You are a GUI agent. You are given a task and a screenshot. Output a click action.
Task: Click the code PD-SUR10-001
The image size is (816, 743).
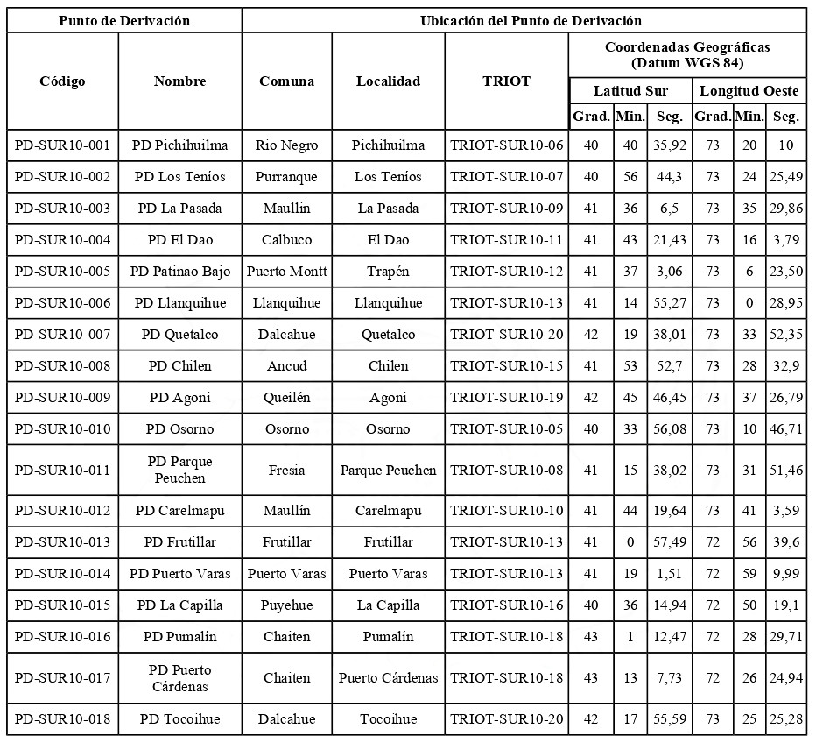point(62,145)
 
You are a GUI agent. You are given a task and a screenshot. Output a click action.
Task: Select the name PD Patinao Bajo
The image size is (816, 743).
point(180,272)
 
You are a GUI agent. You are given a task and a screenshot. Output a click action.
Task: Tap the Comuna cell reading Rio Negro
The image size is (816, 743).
point(286,145)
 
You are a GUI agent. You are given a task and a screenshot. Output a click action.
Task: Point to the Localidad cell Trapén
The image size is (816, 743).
point(388,272)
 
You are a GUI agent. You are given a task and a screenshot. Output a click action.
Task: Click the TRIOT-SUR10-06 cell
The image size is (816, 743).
point(506,145)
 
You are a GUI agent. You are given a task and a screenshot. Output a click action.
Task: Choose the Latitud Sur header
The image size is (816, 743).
point(630,91)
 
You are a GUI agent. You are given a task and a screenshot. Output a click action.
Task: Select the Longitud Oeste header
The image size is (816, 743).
point(749,91)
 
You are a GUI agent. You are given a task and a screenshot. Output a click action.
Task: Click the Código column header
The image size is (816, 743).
point(62,81)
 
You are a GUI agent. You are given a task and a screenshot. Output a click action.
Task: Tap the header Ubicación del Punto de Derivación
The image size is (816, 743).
point(524,20)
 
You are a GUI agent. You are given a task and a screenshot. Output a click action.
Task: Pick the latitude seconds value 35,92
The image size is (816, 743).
point(669,145)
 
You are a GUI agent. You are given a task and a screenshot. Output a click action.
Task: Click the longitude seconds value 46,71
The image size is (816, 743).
point(785,429)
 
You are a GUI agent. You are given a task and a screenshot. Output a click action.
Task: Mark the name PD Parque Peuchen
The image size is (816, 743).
point(180,470)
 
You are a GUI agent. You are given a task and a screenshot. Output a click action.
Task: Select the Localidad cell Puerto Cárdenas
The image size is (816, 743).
point(388,678)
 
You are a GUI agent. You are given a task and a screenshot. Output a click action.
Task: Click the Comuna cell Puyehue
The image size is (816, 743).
point(286,605)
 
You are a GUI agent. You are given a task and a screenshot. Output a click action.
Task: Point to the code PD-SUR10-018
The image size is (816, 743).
point(62,719)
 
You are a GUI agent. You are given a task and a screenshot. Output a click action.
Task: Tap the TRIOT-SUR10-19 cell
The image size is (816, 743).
point(506,398)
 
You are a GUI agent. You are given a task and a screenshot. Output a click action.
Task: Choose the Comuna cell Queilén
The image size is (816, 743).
point(286,398)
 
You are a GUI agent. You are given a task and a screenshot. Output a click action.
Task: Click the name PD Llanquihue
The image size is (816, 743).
point(180,303)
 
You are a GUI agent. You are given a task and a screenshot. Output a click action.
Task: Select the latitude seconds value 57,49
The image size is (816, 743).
point(669,542)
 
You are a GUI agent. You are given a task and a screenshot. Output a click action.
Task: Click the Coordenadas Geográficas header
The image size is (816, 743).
point(687,55)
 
